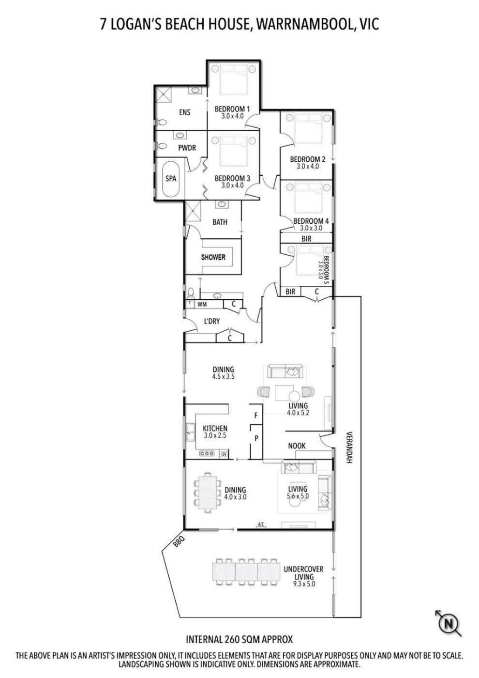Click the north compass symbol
pos(449,624)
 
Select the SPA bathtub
pos(170,180)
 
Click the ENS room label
pos(185,112)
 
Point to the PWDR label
pos(187,148)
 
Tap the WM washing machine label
pos(202,304)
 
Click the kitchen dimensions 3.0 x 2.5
pos(215,436)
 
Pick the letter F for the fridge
pos(256,416)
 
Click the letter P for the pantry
pos(256,439)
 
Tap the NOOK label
pos(297,446)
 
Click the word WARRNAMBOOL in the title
pos(304,24)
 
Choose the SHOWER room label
pos(213,257)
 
